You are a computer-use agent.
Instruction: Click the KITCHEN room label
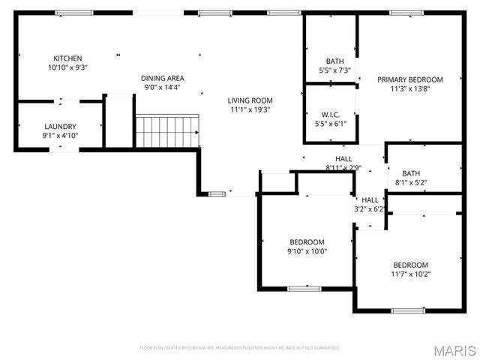pos(67,58)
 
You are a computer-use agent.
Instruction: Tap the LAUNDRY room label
pos(61,127)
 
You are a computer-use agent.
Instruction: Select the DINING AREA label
pos(163,78)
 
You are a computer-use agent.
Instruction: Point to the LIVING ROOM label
pos(250,100)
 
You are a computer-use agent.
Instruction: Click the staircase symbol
pos(166,130)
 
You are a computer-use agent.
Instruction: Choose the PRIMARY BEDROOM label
pos(409,79)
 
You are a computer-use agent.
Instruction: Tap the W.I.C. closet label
pos(330,115)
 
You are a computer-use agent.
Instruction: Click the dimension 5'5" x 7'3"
pos(334,70)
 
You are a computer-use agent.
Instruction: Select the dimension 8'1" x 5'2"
pos(410,182)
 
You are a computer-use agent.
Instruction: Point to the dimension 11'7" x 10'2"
pos(411,274)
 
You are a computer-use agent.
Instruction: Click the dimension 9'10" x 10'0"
pos(307,250)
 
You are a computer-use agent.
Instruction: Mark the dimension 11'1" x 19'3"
pos(250,109)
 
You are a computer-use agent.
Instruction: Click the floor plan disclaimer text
pos(240,348)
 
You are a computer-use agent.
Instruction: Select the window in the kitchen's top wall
pos(70,13)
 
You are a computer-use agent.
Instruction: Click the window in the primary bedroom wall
pos(403,13)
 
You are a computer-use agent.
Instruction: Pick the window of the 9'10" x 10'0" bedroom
pos(304,288)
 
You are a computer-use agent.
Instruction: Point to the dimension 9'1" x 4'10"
pos(61,136)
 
